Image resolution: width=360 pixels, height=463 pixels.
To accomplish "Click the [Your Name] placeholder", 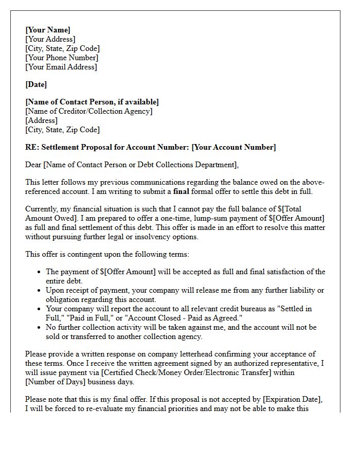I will pos(48,30).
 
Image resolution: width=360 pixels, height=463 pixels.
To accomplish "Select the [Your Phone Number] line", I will pos(62,58).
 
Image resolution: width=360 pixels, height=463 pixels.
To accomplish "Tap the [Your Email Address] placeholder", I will pos(61,67).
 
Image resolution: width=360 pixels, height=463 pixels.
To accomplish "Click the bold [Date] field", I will pos(36,84).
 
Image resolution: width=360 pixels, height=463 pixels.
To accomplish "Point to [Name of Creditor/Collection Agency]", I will pos(89,111).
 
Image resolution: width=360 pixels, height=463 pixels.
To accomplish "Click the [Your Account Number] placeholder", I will pos(233,147).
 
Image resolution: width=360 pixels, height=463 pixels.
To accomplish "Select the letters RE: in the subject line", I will pos(31,147).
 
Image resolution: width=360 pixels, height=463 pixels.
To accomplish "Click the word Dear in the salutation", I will pos(34,165).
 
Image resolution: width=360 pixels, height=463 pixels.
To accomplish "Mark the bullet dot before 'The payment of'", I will pos(40,272).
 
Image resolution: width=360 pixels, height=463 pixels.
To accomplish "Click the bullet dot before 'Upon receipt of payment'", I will pos(40,291).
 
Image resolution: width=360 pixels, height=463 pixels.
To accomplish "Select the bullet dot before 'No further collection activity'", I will pos(40,328).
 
